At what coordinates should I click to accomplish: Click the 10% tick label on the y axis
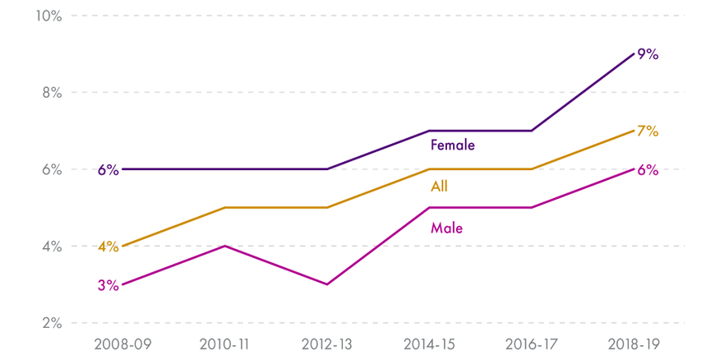click(48, 16)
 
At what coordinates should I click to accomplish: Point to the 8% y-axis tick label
click(51, 93)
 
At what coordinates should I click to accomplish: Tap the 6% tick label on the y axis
click(51, 169)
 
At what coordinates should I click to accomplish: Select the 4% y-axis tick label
click(51, 246)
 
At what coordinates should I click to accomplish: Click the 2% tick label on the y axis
click(51, 323)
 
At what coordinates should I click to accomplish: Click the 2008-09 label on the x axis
click(122, 344)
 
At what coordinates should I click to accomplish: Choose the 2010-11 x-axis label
click(224, 344)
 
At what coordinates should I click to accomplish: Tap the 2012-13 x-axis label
click(327, 344)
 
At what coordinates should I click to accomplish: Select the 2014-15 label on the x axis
click(430, 344)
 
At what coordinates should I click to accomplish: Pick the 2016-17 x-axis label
click(532, 344)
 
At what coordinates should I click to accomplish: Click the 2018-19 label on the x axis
click(635, 344)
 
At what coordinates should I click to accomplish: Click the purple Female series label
click(453, 145)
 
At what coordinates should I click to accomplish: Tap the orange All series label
click(439, 187)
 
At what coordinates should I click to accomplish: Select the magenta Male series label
click(446, 228)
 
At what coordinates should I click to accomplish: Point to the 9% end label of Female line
click(648, 55)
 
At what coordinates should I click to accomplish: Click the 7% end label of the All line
click(648, 132)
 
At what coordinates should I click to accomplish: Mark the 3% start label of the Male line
click(108, 285)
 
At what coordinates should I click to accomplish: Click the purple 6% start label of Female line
click(108, 170)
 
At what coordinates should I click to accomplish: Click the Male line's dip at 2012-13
click(327, 284)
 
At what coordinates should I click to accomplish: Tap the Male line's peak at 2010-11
click(224, 246)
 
